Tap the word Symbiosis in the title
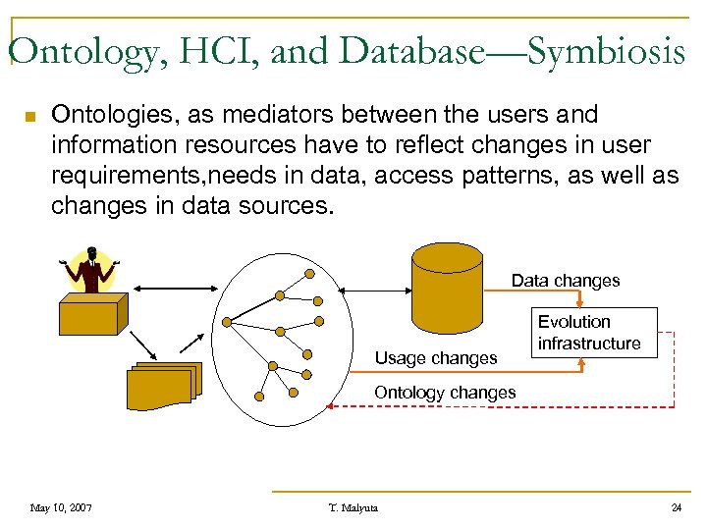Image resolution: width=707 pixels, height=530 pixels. pos(606,51)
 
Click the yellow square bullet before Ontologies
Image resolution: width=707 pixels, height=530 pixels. pos(29,118)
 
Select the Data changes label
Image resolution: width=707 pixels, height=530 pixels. pos(565,281)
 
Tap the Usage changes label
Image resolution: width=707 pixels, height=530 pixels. pos(436,358)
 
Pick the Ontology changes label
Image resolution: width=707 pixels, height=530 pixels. pos(445,393)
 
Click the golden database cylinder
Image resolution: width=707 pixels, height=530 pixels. pos(448,289)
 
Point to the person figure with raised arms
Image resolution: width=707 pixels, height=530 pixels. pos(92,269)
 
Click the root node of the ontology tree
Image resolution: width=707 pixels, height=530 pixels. pos(228,321)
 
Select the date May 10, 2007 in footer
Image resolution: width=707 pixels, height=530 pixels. pos(61,507)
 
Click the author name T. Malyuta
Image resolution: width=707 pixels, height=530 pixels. pos(353,507)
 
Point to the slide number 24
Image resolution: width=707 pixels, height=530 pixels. pos(676,507)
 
